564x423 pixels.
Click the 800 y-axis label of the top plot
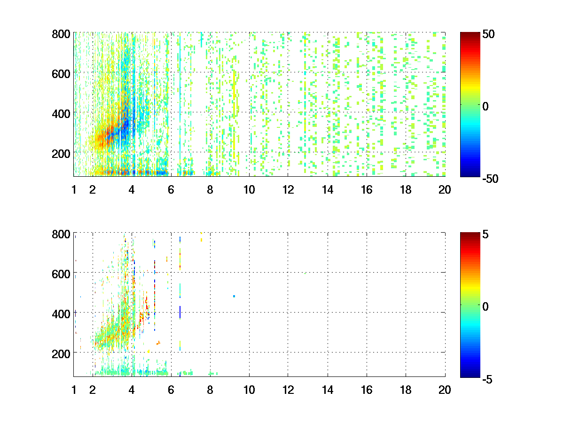pos(61,34)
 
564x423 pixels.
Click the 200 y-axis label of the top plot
pos(61,153)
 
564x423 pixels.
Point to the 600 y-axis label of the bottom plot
pos(61,273)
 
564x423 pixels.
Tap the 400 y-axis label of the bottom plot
pos(61,313)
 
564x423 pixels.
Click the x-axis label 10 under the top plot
pos(249,190)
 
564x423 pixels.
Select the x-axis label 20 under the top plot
pos(445,190)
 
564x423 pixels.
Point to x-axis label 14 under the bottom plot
pos(328,390)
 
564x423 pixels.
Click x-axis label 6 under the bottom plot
pos(171,390)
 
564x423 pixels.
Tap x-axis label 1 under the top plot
pos(74,190)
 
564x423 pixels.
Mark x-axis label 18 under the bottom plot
pos(406,390)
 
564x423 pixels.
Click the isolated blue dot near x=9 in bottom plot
pos(234,296)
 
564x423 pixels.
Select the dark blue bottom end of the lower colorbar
pos(470,375)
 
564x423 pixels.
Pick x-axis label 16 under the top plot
pos(367,190)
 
